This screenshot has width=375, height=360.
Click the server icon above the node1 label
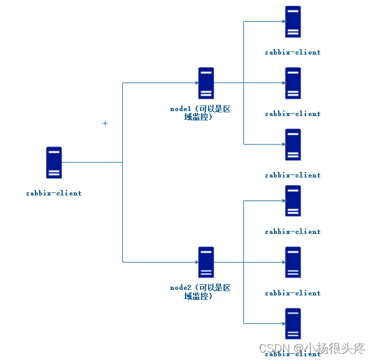(206, 83)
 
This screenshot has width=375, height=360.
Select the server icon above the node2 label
(206, 262)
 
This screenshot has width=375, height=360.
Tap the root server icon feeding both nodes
(54, 162)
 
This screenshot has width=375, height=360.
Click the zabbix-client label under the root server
(54, 193)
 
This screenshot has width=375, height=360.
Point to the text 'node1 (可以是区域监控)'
(200, 112)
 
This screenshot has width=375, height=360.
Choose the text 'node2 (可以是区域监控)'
(200, 292)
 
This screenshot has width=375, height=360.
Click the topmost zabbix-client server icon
(293, 22)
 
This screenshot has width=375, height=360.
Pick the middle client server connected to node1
(293, 83)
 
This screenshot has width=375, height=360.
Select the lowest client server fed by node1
(293, 145)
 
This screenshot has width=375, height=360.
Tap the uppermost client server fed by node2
(293, 200)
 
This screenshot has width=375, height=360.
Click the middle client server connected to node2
(293, 262)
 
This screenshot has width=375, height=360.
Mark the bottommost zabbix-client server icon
(293, 323)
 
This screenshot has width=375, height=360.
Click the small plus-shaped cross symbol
(105, 123)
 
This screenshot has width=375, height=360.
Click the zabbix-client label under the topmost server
(293, 52)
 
